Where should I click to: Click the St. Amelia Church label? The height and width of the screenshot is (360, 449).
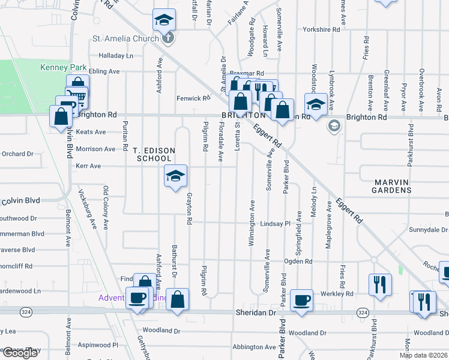click(125, 39)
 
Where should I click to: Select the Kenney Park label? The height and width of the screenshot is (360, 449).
click(64, 67)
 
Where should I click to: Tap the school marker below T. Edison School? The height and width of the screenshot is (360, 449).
click(175, 176)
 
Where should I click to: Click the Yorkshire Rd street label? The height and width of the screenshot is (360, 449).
click(322, 29)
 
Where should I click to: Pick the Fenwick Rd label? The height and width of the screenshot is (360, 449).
click(193, 98)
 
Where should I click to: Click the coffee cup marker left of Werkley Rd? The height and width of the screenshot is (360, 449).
click(301, 299)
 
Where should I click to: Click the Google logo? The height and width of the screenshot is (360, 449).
click(20, 352)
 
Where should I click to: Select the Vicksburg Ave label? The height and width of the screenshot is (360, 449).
click(87, 210)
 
